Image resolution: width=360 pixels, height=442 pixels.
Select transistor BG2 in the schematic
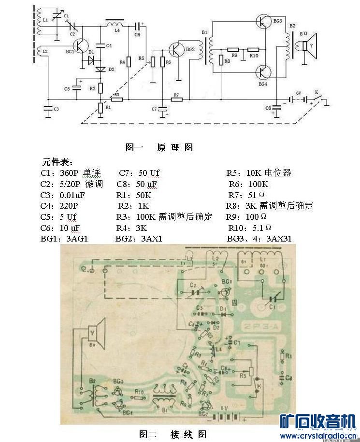pyautogui.click(x=176, y=49)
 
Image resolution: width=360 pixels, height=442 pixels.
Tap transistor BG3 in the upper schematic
pyautogui.click(x=264, y=22)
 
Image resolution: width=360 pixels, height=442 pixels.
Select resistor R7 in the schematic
pyautogui.click(x=176, y=100)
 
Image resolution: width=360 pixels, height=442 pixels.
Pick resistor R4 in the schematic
pyautogui.click(x=129, y=62)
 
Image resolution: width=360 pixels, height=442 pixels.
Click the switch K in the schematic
pyautogui.click(x=317, y=98)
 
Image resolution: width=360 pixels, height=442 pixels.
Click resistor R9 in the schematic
pyautogui.click(x=233, y=49)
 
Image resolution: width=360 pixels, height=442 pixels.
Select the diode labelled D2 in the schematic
pyautogui.click(x=101, y=70)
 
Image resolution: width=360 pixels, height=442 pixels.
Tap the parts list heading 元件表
pyautogui.click(x=58, y=162)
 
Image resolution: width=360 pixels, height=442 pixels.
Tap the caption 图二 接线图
pyautogui.click(x=173, y=434)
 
